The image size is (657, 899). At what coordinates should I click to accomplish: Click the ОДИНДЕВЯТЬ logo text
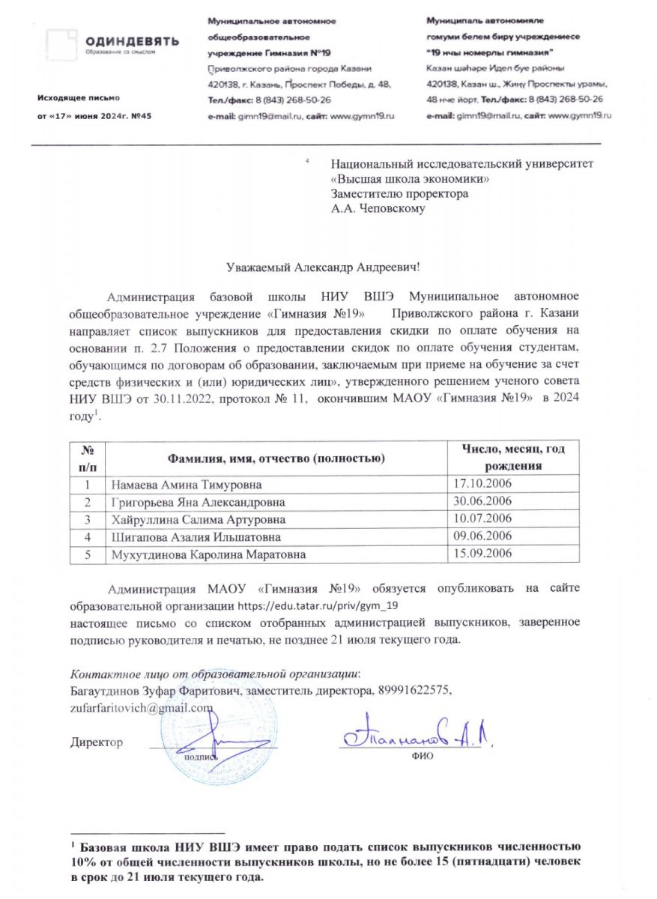coord(131,41)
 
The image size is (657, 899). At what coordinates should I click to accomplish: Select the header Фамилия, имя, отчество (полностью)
coord(276,457)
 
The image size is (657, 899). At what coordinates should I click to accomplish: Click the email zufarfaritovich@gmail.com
coord(142,708)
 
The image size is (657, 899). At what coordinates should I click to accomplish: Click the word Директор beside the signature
coord(96,742)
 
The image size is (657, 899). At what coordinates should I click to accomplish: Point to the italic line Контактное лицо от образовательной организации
coord(214,672)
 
